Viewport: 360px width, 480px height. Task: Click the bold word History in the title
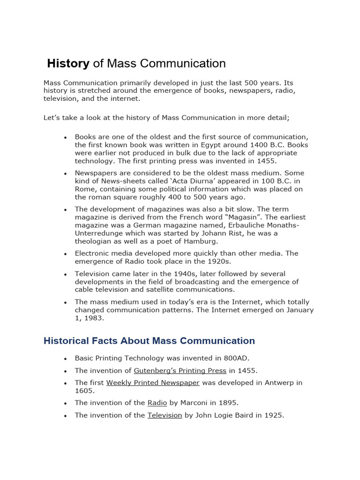68,63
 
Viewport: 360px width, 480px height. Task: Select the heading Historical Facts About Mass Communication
149,341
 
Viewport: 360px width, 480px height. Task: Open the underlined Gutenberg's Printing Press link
180,370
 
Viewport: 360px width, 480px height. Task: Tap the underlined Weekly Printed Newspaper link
153,382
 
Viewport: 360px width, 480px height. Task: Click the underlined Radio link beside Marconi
157,403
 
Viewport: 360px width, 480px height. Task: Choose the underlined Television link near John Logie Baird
165,415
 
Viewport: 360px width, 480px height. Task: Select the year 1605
84,390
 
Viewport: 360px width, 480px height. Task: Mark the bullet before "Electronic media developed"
66,254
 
